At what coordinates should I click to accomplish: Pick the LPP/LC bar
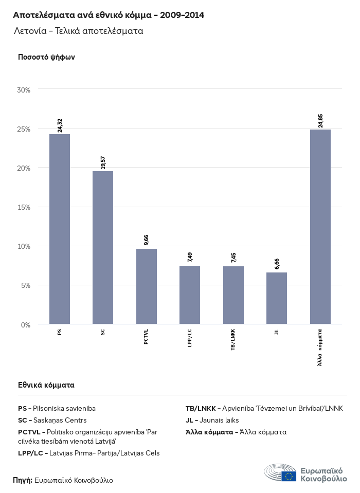pos(190,295)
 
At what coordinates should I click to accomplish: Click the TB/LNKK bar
pos(233,295)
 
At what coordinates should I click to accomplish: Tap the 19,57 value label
pos(103,162)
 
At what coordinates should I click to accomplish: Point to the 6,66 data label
pos(277,264)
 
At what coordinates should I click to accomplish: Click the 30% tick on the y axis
pos(24,90)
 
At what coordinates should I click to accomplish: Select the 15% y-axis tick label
pos(24,207)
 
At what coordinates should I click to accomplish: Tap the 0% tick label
pos(26,325)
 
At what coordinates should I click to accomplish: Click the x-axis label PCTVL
pos(147,337)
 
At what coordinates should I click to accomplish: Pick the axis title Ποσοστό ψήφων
pos(46,57)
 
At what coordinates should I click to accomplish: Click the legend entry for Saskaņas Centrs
pos(52,421)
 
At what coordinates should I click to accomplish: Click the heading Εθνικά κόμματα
pos(46,385)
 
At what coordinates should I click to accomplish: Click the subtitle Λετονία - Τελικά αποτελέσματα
pos(79,31)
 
